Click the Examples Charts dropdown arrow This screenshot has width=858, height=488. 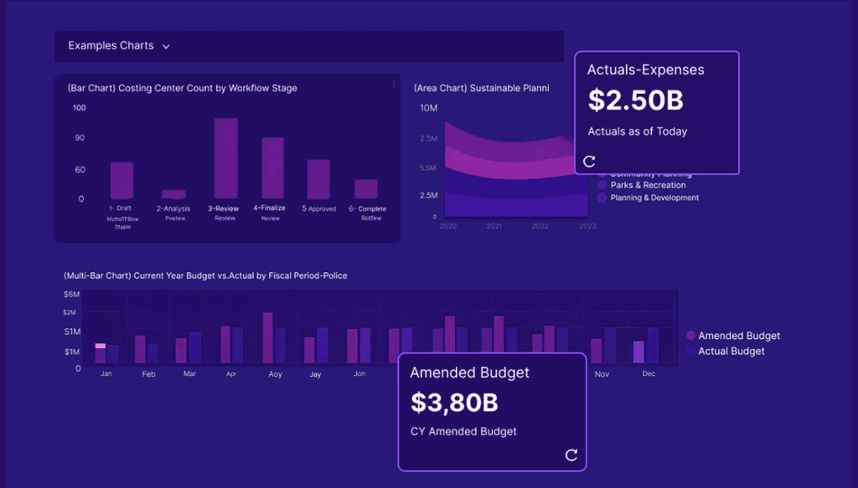[x=166, y=47]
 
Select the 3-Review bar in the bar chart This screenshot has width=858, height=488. [x=225, y=157]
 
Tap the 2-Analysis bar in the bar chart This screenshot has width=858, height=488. [x=173, y=193]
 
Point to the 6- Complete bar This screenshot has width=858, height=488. [x=366, y=188]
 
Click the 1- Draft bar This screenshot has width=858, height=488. [x=121, y=180]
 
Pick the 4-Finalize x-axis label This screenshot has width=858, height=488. [x=270, y=208]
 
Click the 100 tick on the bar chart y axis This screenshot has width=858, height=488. [x=79, y=108]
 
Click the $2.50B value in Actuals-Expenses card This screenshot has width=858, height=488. [x=635, y=100]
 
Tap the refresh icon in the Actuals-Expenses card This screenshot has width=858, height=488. [x=589, y=162]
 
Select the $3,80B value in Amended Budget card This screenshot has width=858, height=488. [x=454, y=403]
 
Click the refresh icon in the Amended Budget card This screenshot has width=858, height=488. [x=571, y=455]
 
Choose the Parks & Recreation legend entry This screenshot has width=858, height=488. [x=648, y=185]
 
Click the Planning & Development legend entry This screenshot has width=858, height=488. [x=654, y=198]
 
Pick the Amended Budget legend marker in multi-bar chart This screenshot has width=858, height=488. [x=690, y=336]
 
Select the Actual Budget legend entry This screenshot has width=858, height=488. [x=731, y=352]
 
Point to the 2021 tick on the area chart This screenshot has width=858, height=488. [x=494, y=227]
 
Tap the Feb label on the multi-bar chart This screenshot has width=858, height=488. [x=148, y=374]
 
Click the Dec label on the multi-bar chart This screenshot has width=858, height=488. [x=648, y=374]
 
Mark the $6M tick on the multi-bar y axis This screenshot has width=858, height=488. [x=72, y=294]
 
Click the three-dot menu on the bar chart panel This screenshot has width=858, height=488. [x=394, y=84]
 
